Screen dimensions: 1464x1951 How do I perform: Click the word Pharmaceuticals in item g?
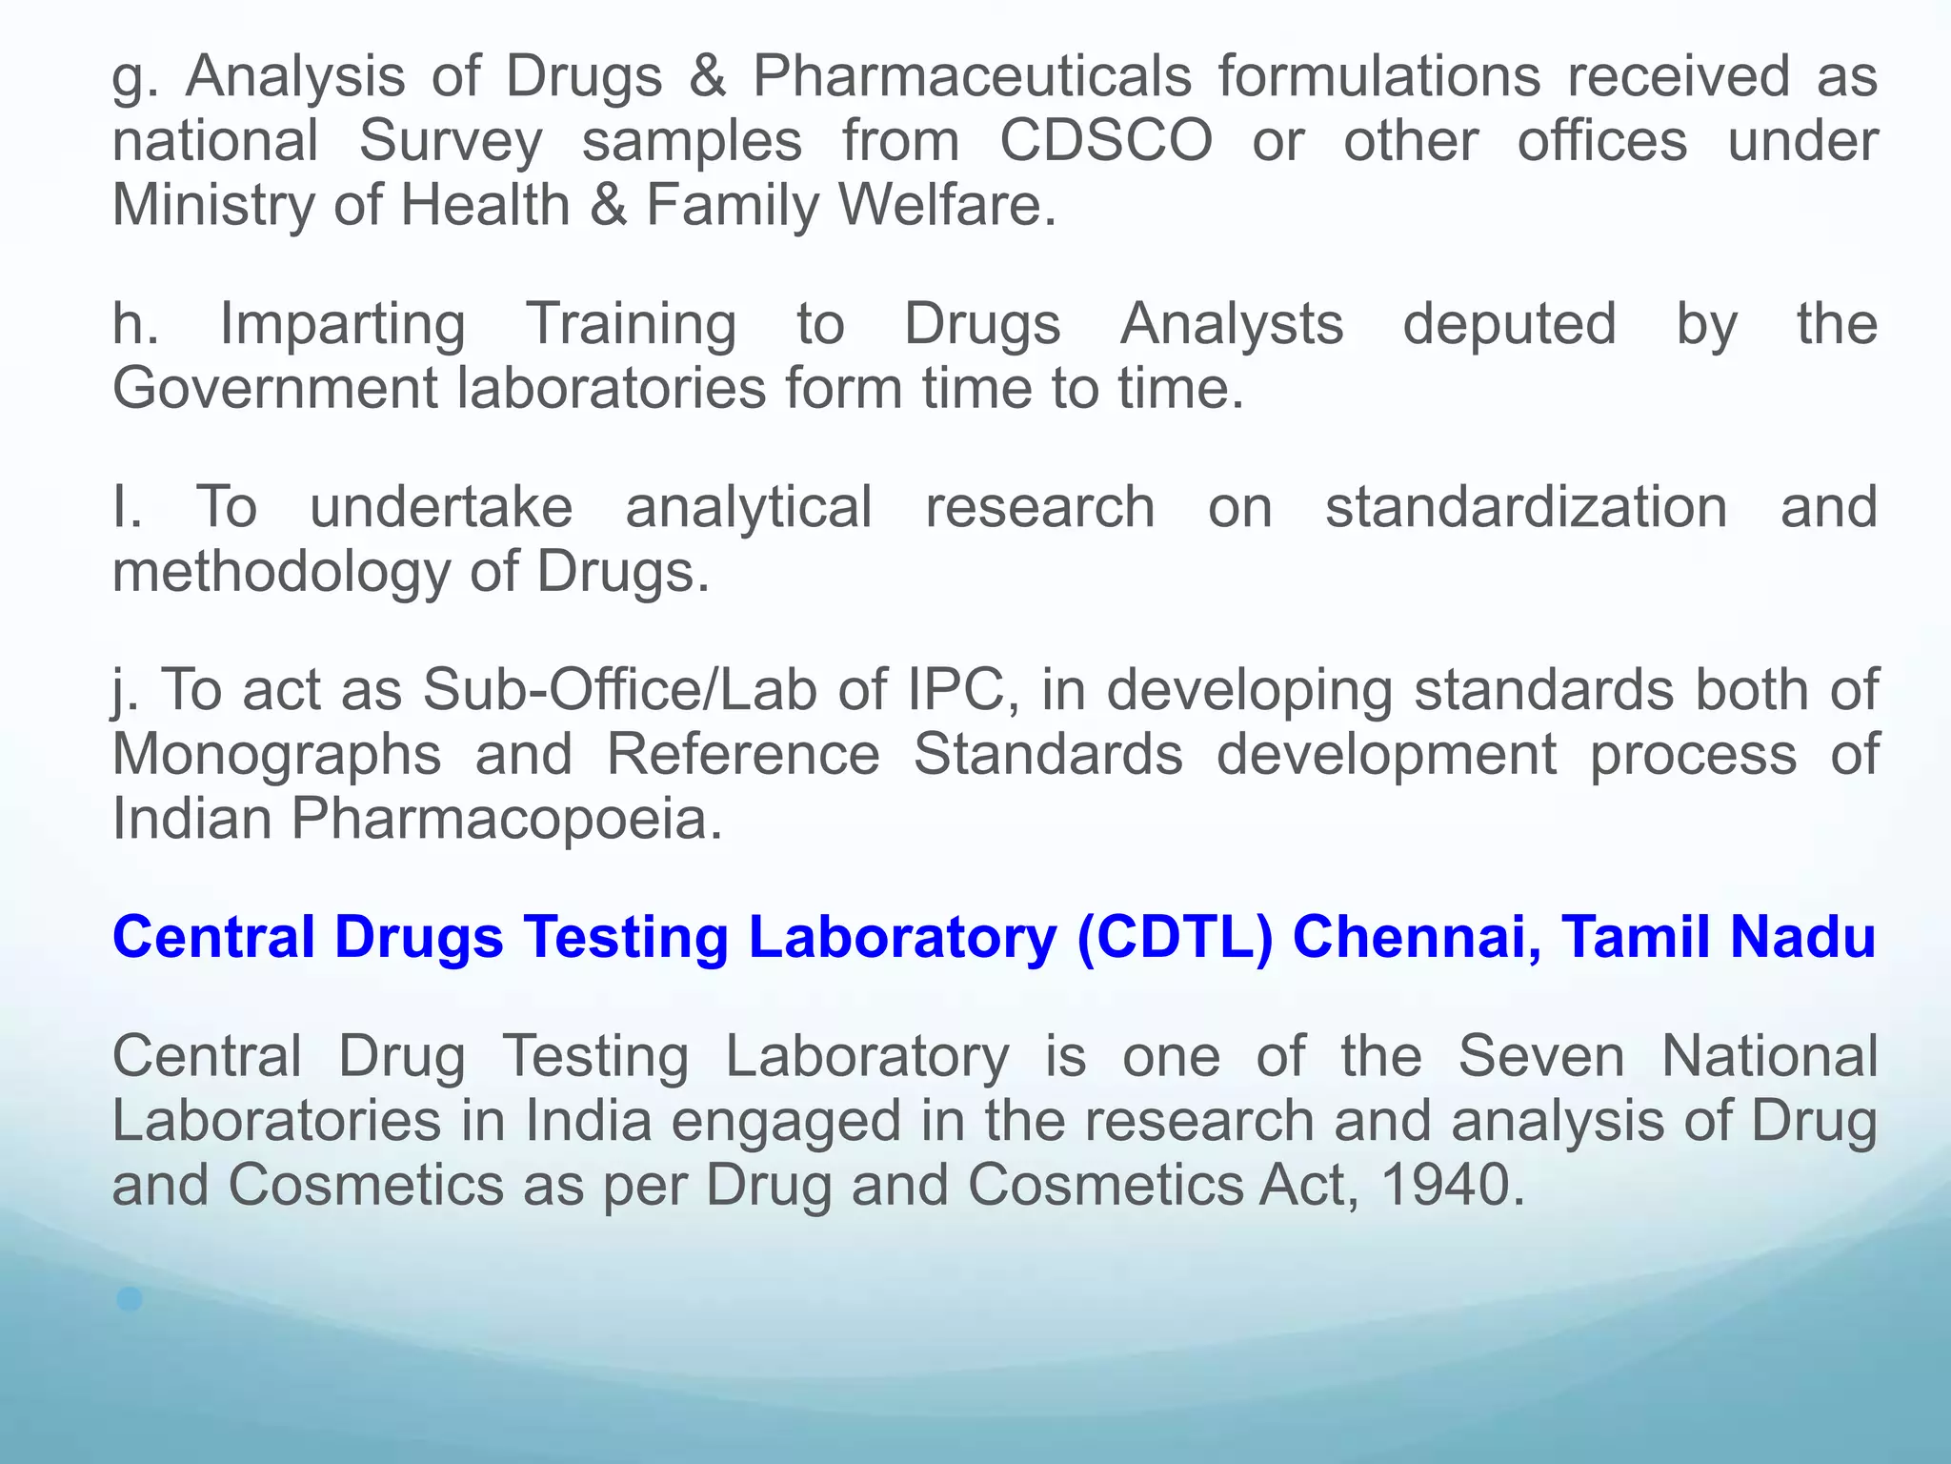[x=972, y=76]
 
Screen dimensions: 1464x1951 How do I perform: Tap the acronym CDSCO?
[x=1106, y=141]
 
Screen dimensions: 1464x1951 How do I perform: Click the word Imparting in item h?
[x=343, y=324]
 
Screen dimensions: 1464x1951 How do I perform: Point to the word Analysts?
[x=1232, y=324]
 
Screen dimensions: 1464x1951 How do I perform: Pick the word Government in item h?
[x=274, y=389]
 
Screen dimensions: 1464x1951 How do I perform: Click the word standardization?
[x=1526, y=507]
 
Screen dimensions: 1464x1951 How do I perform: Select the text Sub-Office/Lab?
[x=620, y=690]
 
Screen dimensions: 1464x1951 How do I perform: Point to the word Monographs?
[x=276, y=755]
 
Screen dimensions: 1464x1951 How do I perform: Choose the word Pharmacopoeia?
[x=506, y=820]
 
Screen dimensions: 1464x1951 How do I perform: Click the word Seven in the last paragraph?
[x=1540, y=1057]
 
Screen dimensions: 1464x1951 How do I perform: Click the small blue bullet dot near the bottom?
[x=130, y=1299]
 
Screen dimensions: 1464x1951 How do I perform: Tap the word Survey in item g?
[x=450, y=141]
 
